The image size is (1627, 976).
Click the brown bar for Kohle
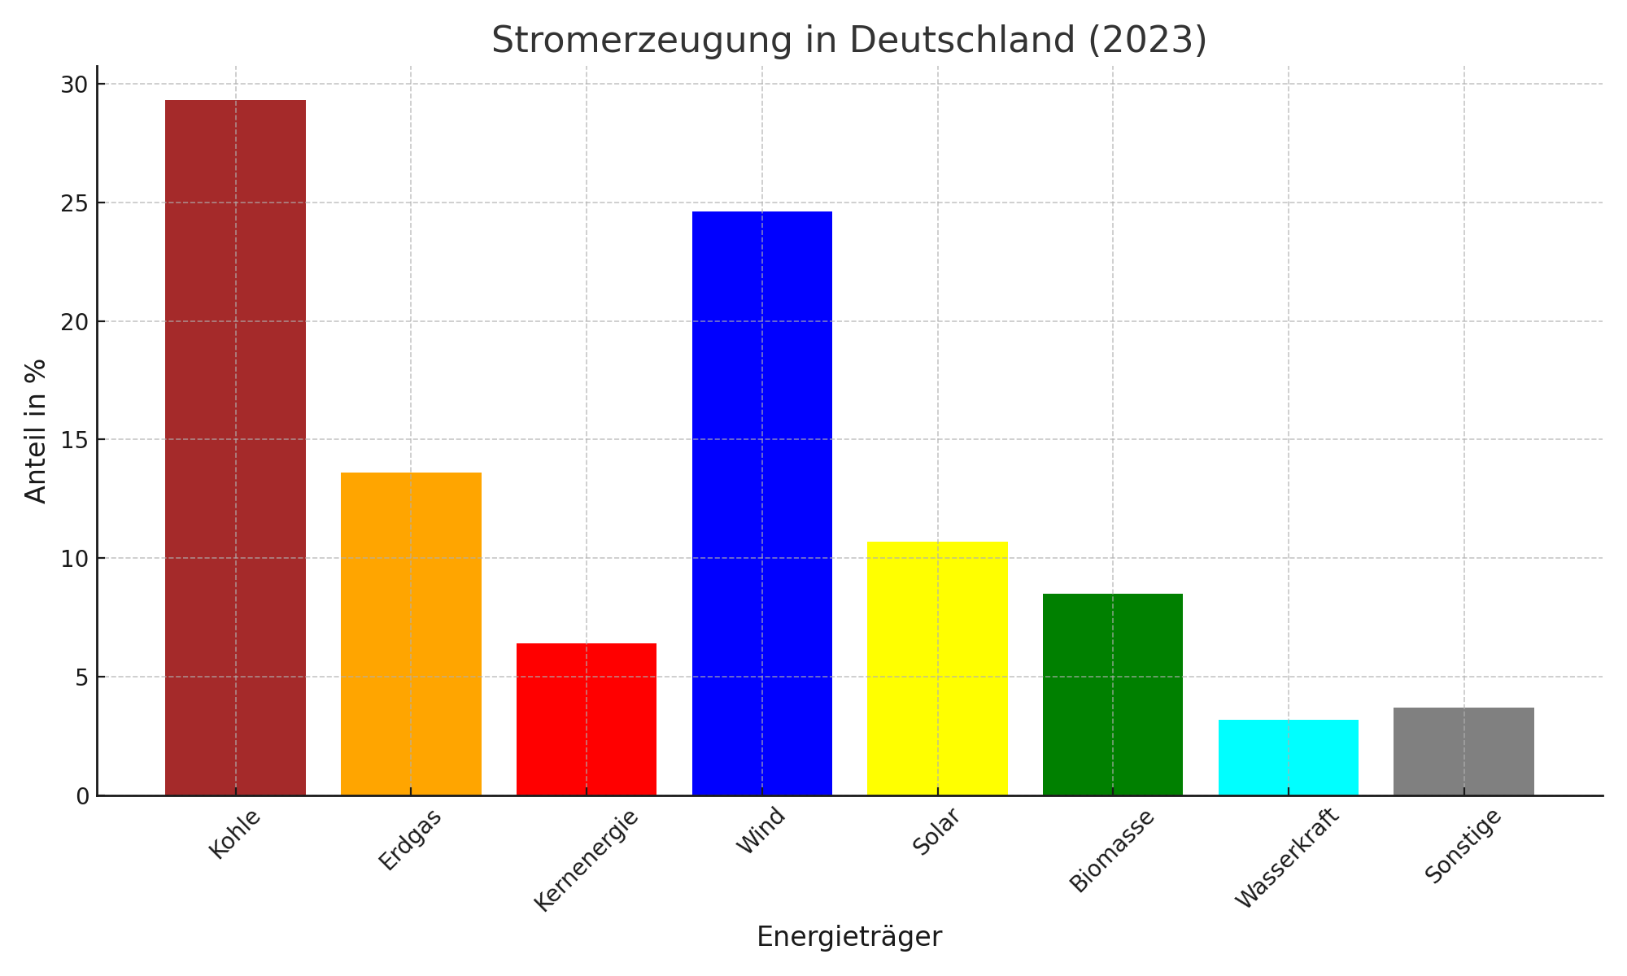pos(235,447)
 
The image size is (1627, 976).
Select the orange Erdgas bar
pos(411,634)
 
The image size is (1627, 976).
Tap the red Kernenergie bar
pos(587,719)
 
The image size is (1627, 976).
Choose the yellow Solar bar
pos(937,668)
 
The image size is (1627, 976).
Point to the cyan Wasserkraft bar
pos(1289,757)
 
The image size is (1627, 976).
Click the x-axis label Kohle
pos(234,834)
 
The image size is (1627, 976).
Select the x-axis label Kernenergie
pos(586,860)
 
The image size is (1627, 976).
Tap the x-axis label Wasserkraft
pos(1285,859)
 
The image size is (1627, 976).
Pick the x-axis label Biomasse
pos(1112,851)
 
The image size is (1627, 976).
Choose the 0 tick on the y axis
pos(81,796)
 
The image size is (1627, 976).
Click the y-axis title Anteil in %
pos(36,431)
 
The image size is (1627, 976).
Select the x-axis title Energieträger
pos(849,937)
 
